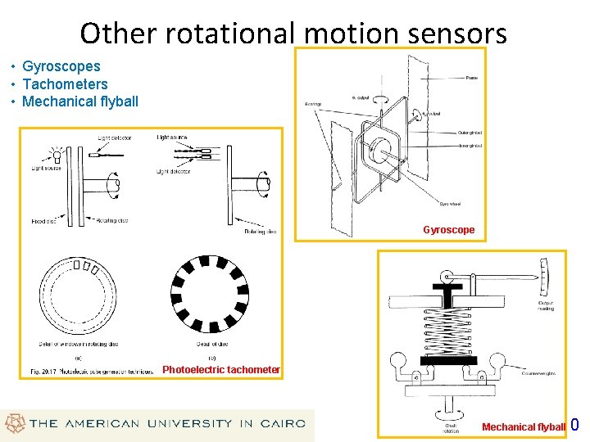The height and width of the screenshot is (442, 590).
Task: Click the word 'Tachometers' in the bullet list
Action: pyautogui.click(x=65, y=84)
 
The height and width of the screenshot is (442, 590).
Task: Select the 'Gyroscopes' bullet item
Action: pyautogui.click(x=61, y=66)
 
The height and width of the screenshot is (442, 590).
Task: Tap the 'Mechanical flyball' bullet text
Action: pyautogui.click(x=80, y=102)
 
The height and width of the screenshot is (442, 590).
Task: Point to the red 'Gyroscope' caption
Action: pyautogui.click(x=448, y=230)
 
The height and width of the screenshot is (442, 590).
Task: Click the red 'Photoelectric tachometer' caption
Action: pyautogui.click(x=221, y=370)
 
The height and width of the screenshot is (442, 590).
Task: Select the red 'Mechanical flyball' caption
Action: pyautogui.click(x=523, y=427)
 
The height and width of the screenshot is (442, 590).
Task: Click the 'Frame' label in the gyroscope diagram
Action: pyautogui.click(x=472, y=78)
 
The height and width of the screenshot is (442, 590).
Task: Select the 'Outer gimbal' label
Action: pyautogui.click(x=470, y=133)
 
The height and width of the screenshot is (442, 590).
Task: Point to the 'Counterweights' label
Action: pyautogui.click(x=538, y=373)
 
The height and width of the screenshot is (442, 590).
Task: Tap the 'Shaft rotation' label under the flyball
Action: pyautogui.click(x=452, y=428)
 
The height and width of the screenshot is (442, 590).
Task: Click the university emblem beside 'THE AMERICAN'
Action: pyautogui.click(x=14, y=424)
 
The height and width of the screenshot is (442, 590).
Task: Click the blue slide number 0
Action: pyautogui.click(x=574, y=425)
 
